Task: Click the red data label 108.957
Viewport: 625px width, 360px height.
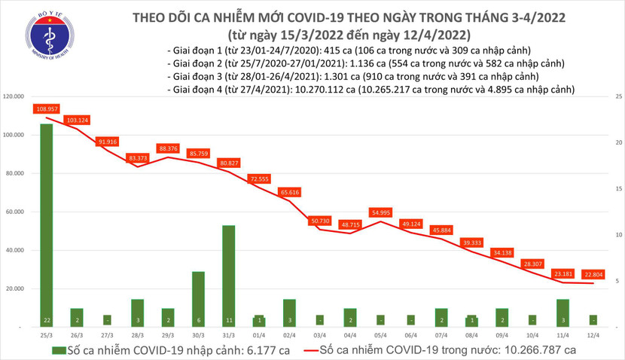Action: click(x=47, y=109)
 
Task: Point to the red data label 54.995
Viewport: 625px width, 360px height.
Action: click(x=380, y=213)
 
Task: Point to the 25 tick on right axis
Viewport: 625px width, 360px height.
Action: click(x=617, y=97)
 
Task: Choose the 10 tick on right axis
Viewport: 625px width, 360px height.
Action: click(x=617, y=235)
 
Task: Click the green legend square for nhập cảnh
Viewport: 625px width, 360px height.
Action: click(x=56, y=349)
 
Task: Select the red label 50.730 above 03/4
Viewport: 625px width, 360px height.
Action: click(x=319, y=220)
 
